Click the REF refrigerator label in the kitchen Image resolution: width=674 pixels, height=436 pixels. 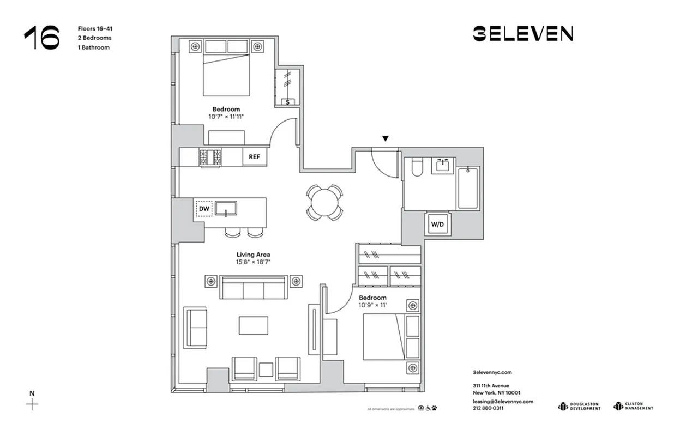(254, 157)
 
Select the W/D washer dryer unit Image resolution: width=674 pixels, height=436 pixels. (437, 224)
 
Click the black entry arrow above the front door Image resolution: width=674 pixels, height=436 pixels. (386, 139)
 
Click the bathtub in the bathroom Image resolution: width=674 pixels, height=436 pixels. (468, 188)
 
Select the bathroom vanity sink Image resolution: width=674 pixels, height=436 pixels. (443, 165)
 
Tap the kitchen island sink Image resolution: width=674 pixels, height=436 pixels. (225, 208)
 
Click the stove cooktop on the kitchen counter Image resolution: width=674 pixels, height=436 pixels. (210, 157)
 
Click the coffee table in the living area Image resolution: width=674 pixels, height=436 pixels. (253, 325)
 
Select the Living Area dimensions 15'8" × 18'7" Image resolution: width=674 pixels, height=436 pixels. (254, 262)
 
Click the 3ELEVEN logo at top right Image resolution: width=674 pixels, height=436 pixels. (522, 34)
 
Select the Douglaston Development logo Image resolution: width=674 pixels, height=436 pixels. (579, 406)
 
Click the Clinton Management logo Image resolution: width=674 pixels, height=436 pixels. (633, 406)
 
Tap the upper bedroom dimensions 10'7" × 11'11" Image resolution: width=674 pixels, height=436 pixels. (226, 117)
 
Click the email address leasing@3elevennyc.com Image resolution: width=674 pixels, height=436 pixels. (503, 401)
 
